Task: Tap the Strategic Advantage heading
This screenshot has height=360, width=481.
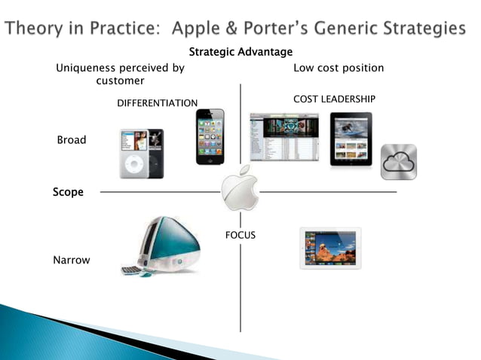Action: [x=240, y=52]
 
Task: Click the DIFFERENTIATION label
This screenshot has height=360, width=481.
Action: [x=157, y=102]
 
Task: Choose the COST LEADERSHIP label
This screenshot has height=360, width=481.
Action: [x=334, y=99]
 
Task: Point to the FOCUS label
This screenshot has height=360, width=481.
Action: [x=240, y=235]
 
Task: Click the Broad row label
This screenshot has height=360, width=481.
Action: [x=72, y=140]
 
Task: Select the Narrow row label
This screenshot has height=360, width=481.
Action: [x=72, y=260]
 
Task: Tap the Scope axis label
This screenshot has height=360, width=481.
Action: [x=68, y=192]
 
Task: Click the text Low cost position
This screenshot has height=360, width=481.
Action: [x=339, y=68]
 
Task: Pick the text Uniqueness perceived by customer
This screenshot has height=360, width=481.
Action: [x=121, y=74]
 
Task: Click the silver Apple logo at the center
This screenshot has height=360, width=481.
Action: [x=240, y=190]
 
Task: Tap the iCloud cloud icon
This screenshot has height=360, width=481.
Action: [x=398, y=162]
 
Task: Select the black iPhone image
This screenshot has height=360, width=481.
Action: [x=210, y=136]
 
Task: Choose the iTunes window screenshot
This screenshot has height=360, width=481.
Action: [x=284, y=137]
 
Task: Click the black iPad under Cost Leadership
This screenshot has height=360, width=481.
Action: [x=351, y=139]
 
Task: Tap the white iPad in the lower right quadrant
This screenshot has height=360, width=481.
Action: [x=330, y=248]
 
